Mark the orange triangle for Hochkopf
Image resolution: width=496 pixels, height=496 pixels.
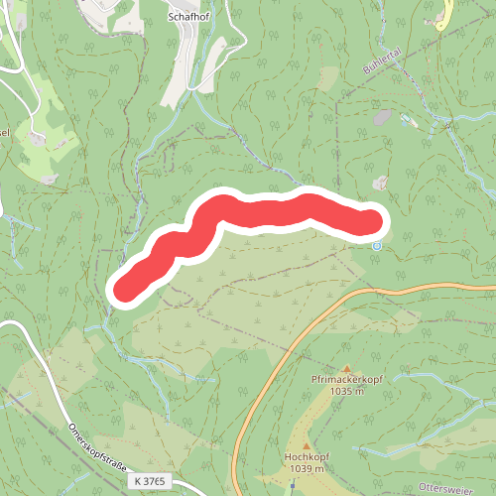point(305,445)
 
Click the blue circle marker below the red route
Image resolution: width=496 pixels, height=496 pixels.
point(376,245)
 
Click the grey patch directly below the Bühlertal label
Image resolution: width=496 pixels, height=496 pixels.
point(380,117)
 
